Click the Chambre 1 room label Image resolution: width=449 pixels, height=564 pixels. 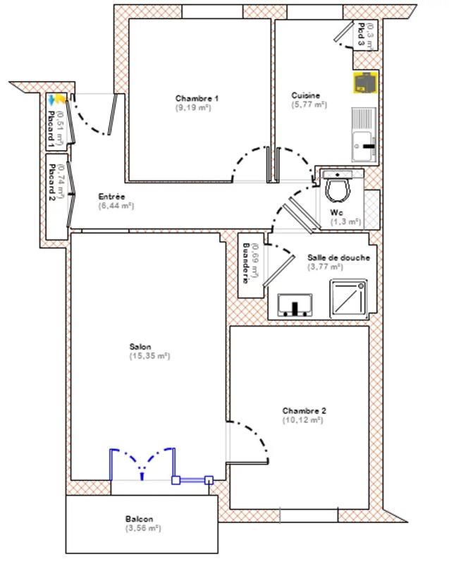(x=197, y=98)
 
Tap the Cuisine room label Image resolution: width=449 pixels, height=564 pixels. (x=306, y=96)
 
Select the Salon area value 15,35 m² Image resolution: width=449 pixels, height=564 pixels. (x=149, y=356)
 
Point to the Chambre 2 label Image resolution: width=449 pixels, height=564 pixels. (x=304, y=410)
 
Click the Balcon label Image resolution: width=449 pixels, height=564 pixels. (x=140, y=519)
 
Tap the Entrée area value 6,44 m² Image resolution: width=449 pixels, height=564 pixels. (x=116, y=207)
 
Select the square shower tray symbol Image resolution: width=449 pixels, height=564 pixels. (x=349, y=298)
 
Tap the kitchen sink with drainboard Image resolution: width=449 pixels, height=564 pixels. (x=364, y=135)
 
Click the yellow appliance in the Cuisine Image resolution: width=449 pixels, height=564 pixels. (x=365, y=82)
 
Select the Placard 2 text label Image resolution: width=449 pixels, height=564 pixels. (x=51, y=189)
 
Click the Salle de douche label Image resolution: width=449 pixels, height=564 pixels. (x=338, y=257)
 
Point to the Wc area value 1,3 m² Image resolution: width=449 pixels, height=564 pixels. (x=345, y=221)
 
